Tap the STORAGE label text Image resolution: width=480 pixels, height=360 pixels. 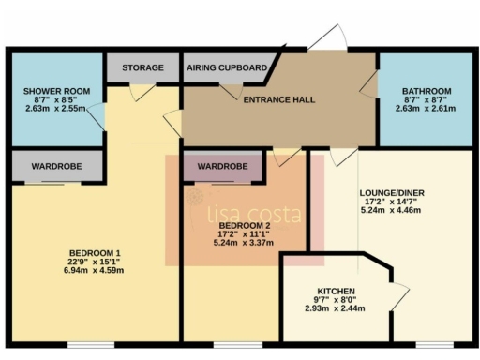(x=142, y=68)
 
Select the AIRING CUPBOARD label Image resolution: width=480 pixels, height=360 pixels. (x=227, y=68)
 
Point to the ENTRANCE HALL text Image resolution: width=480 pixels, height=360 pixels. (x=278, y=99)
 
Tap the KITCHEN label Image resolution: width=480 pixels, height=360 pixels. (x=335, y=291)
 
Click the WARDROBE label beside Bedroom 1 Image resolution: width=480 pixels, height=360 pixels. (x=56, y=166)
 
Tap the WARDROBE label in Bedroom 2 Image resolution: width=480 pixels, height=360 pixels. (x=223, y=166)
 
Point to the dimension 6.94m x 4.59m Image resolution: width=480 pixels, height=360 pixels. (x=95, y=270)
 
